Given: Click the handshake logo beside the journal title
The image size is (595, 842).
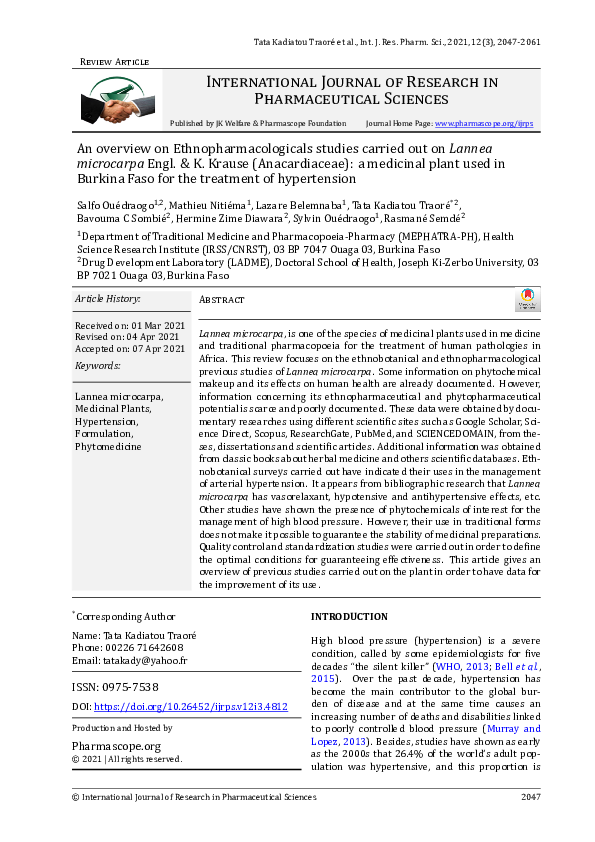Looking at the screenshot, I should (x=111, y=98).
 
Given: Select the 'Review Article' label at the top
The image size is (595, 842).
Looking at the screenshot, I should (x=113, y=62).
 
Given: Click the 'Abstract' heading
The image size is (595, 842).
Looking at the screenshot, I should (x=222, y=299).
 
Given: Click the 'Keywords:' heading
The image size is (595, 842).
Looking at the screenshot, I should (x=97, y=367).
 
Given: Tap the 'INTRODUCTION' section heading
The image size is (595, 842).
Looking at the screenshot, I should (x=349, y=617).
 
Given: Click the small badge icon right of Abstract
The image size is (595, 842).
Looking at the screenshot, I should (x=527, y=299).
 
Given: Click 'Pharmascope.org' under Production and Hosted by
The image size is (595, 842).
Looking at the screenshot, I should (x=116, y=746).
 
